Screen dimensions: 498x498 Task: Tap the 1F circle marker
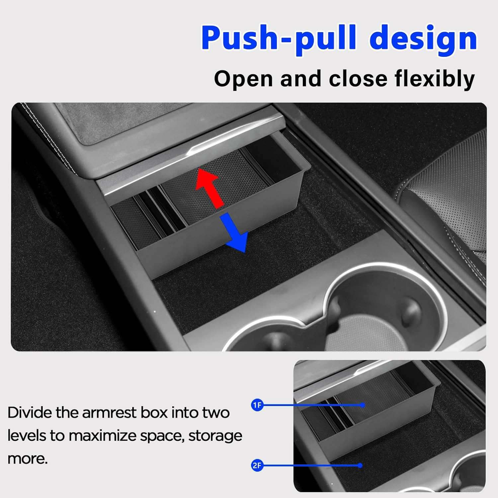point(257,405)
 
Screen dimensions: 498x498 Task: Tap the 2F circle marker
point(257,465)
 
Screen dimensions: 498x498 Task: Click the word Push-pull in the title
point(279,38)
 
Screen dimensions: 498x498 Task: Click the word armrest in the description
point(109,413)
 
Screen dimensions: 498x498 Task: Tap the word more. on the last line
point(28,458)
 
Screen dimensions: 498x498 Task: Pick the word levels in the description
point(27,436)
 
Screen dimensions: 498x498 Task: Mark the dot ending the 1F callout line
point(363,405)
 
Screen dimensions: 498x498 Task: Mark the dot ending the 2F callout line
point(360,465)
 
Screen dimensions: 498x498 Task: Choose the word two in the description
point(215,413)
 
